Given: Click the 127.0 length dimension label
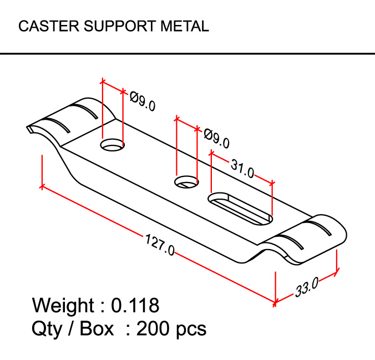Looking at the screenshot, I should (x=160, y=244).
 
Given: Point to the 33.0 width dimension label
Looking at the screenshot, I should (x=306, y=287).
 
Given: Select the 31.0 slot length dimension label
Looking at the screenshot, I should (x=242, y=169).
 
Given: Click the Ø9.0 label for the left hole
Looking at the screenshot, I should (x=143, y=100).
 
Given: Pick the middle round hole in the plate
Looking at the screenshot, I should (x=186, y=181).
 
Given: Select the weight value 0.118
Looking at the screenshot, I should (x=135, y=305).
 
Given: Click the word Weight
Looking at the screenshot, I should (x=63, y=305).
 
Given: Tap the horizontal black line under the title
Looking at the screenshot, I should (x=187, y=54).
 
